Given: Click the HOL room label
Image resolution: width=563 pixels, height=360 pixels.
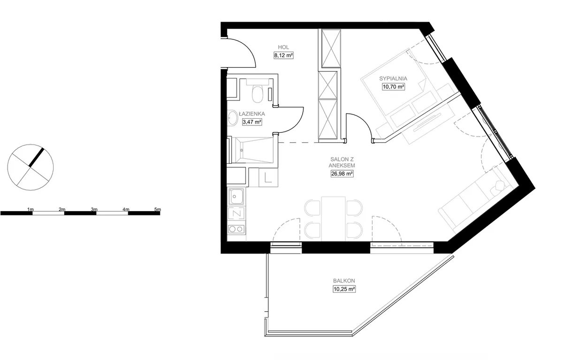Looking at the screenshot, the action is tap(283, 47).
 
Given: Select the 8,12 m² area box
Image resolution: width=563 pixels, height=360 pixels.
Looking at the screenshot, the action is tap(283, 55).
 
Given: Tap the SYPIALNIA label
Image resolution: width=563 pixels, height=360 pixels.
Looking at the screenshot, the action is tap(393, 78).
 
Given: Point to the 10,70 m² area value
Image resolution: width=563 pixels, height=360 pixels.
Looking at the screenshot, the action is tap(393, 87).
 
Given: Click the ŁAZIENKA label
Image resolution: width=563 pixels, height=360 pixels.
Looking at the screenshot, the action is tap(252, 114).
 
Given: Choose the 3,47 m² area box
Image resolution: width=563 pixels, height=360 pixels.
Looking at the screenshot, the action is tap(252, 122).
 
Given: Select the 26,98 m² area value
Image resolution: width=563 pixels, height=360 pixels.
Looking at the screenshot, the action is tap(342, 174).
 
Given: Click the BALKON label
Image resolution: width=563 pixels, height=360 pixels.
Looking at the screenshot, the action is tap(344, 281).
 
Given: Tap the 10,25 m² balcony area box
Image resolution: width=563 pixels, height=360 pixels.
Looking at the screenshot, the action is tap(344, 289).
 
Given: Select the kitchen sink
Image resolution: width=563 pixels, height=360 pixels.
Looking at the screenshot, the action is tap(236, 196).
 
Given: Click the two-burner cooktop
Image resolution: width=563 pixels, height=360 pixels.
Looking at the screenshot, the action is tap(236, 229).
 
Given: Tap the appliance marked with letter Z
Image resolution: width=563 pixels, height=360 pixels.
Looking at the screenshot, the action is tap(236, 214).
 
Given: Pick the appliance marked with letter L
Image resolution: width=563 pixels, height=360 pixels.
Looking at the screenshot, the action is tap(268, 177).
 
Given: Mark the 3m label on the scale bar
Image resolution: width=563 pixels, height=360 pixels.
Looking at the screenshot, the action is tap(94, 209).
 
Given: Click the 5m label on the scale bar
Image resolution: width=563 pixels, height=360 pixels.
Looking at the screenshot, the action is tap(158, 209).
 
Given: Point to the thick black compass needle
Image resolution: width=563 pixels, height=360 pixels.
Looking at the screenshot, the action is tap(37, 158).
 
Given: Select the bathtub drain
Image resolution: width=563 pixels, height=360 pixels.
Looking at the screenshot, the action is tap(242, 150).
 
